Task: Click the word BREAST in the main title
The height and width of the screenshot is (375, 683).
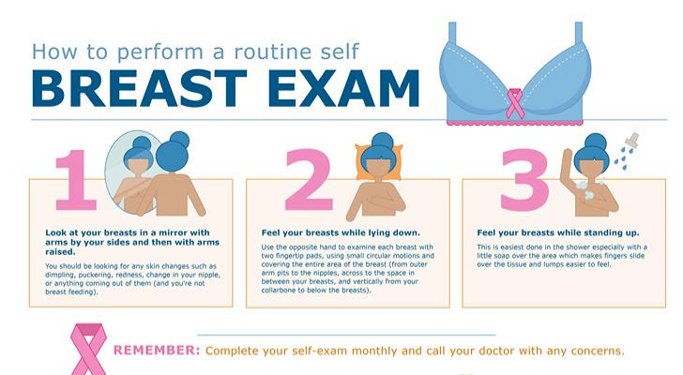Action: tap(140, 88)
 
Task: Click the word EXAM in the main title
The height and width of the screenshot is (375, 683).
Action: tap(343, 88)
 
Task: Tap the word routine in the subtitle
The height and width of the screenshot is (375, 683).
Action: tap(271, 52)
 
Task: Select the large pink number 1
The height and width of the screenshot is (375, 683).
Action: tap(75, 180)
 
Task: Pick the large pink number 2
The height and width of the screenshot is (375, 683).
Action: tap(309, 180)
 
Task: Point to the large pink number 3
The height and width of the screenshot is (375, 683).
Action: tap(524, 180)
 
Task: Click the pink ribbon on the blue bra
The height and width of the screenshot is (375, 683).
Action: tap(515, 103)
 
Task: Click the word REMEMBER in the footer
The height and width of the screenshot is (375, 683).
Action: tap(157, 351)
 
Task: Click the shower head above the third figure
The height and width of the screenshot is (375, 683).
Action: tap(631, 139)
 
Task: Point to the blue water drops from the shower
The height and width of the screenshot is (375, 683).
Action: tap(622, 157)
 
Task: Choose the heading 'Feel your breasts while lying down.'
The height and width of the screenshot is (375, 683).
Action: tap(341, 232)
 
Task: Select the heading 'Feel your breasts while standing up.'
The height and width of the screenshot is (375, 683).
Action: tap(558, 232)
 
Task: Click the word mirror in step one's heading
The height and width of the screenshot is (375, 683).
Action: tap(171, 232)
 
